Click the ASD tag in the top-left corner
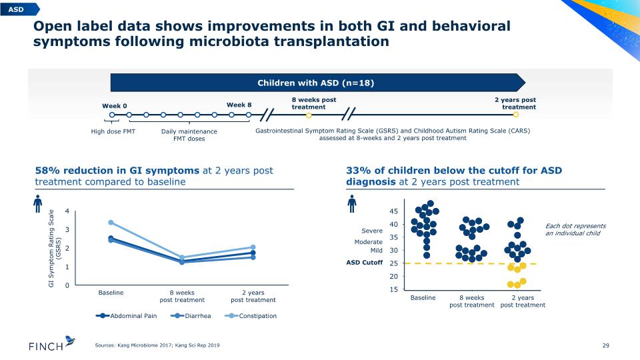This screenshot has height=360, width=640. coord(19,9)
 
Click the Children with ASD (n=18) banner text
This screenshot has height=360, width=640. coord(315,83)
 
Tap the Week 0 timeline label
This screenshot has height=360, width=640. coord(114,106)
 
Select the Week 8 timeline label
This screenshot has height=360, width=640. coord(239,105)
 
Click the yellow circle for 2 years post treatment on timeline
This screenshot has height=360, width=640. coord(516,115)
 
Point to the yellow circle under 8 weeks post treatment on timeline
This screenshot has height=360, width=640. coord(309,115)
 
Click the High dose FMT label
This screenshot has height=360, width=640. coord(113,131)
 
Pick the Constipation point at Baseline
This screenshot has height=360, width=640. coord(111,223)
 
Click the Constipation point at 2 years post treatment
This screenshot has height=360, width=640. coord(253,247)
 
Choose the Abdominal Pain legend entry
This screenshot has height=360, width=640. coord(126,316)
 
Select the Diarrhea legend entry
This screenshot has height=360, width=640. coord(191,316)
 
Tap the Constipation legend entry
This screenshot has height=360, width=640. coord(251,316)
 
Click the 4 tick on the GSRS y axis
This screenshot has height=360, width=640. coord(67,211)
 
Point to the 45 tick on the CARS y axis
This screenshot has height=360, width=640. coord(393,211)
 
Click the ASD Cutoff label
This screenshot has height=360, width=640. coord(365,263)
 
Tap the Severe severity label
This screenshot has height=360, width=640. coord(372,231)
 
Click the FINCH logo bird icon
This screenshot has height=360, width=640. coord(70,341)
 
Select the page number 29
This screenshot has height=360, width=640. coord(606,345)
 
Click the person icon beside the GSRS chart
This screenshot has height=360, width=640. coord(38,203)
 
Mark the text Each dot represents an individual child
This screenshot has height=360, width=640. coord(575,229)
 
